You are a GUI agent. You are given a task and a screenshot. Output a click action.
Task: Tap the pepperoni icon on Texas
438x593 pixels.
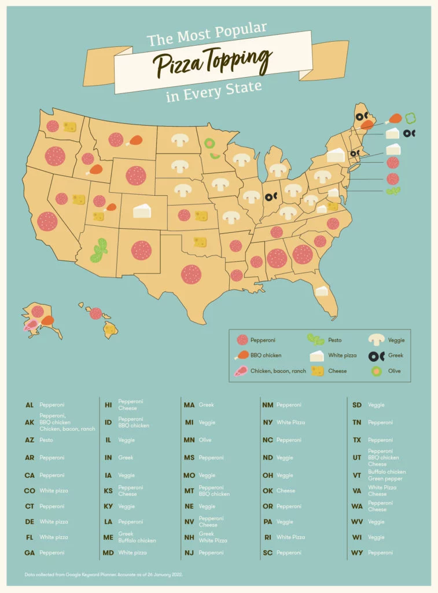click(x=191, y=274)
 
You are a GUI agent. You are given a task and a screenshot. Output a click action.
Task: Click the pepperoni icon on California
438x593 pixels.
click(x=47, y=220)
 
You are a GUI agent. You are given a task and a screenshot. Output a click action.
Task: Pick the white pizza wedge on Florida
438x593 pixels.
click(x=321, y=291)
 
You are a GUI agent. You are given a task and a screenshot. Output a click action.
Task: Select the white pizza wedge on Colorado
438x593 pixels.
click(x=142, y=211)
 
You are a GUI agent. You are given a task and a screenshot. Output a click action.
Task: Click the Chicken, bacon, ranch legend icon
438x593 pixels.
click(x=241, y=371)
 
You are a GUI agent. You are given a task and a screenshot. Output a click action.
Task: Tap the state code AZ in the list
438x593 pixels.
click(x=30, y=440)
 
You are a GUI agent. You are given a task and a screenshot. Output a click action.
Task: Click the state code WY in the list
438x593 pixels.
click(x=357, y=553)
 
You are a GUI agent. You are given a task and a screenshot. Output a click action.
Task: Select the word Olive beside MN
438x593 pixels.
click(x=205, y=440)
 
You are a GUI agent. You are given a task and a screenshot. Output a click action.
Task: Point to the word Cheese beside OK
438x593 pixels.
click(x=286, y=490)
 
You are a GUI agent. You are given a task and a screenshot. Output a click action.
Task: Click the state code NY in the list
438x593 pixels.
click(x=268, y=423)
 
